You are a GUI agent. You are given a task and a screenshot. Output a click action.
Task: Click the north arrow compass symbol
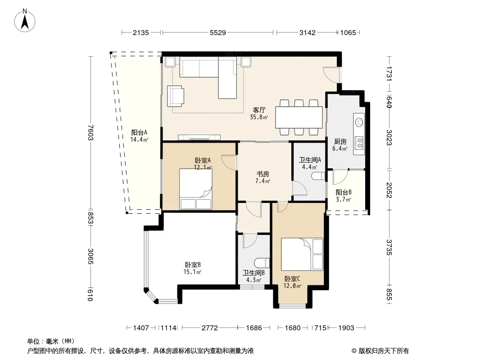(25, 21)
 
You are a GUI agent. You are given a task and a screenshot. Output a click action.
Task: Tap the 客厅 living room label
(259, 110)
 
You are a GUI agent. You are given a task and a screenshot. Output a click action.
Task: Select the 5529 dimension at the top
(218, 32)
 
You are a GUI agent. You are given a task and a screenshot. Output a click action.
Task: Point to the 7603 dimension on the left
(91, 133)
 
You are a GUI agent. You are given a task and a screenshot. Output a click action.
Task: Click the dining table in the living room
(299, 117)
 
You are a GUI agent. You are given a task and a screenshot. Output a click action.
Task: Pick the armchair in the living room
(176, 96)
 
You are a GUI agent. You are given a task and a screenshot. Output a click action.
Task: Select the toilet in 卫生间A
(318, 176)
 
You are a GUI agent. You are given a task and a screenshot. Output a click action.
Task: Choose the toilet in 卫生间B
(262, 263)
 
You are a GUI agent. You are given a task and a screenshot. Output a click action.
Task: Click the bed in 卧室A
(195, 189)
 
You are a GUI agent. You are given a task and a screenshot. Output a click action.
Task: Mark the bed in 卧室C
(303, 255)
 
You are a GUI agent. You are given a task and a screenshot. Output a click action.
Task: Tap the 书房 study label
(263, 174)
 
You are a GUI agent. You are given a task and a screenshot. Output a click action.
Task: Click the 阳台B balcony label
(344, 193)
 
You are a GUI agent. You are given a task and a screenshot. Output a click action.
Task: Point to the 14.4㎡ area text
(139, 140)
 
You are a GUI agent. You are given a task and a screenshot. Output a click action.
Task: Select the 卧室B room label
(193, 265)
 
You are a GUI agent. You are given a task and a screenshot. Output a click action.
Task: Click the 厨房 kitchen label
(340, 142)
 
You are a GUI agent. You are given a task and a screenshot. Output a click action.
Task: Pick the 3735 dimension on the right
(389, 247)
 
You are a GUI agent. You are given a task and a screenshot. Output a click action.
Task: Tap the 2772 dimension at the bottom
(210, 328)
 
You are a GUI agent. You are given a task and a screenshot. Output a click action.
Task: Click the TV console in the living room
(199, 137)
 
